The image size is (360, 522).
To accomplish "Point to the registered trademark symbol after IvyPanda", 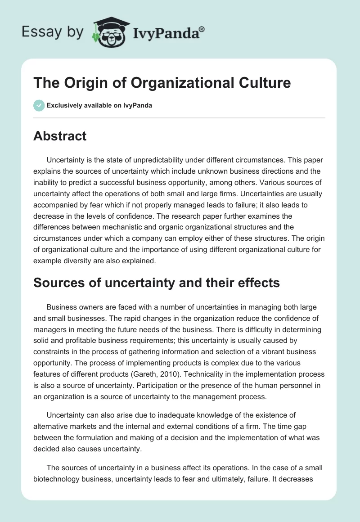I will click(x=202, y=29).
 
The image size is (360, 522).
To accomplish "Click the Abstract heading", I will click(x=60, y=136).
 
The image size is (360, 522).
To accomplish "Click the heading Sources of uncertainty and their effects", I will click(x=157, y=283).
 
